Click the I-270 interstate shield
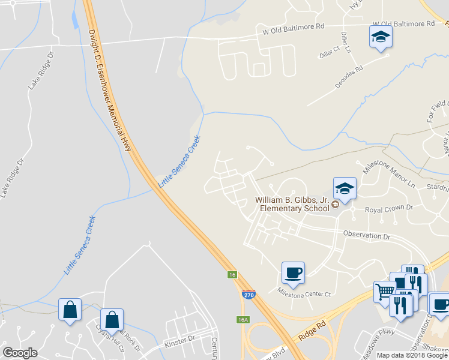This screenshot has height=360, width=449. pyautogui.click(x=249, y=295)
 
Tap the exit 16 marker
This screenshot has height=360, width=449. pyautogui.click(x=232, y=275)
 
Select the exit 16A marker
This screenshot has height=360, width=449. pyautogui.click(x=243, y=320)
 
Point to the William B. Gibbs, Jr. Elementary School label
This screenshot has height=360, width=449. pyautogui.click(x=292, y=204)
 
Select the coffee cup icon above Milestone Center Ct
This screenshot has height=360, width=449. pyautogui.click(x=294, y=273)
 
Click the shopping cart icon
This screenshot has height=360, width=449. pyautogui.click(x=384, y=292)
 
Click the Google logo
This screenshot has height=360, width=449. pyautogui.click(x=20, y=353)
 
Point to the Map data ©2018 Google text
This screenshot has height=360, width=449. pyautogui.click(x=412, y=355)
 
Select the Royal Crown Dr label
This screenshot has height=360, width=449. pyautogui.click(x=381, y=208)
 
